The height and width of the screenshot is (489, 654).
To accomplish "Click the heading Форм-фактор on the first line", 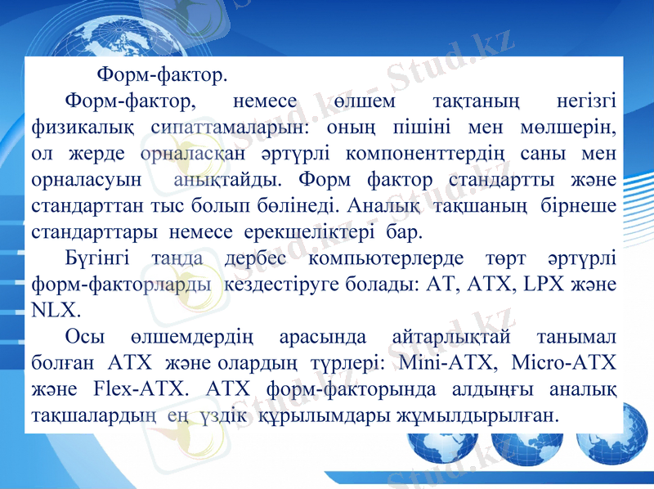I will coord(162,76).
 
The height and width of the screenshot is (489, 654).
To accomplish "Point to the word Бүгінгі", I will coord(96,258).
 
